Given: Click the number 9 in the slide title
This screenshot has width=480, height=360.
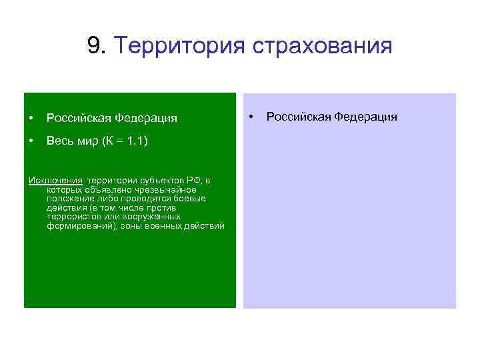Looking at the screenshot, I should [x=93, y=46].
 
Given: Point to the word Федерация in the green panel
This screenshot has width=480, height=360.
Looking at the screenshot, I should [x=146, y=118].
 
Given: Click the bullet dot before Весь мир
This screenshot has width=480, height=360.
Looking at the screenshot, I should [x=31, y=141].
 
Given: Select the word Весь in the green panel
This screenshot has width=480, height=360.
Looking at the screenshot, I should [x=59, y=141].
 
